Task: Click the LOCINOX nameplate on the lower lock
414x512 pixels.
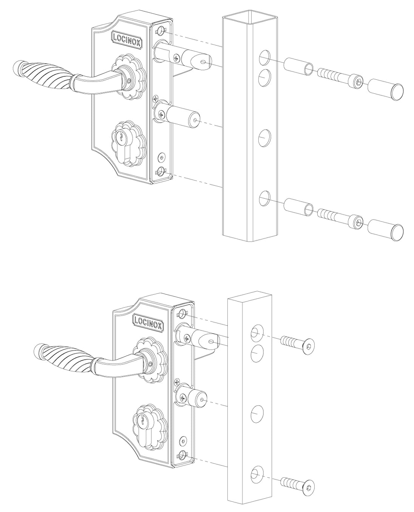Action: tap(148, 322)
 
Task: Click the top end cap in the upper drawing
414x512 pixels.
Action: tap(385, 89)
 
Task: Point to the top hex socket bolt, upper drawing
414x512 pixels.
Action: tap(340, 78)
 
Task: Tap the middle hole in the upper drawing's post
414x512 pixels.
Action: tap(264, 138)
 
